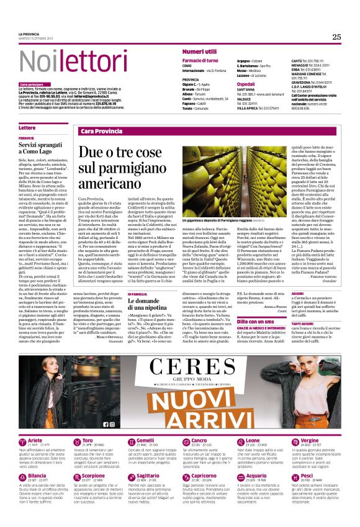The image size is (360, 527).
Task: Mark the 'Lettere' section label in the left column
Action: point(27,128)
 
